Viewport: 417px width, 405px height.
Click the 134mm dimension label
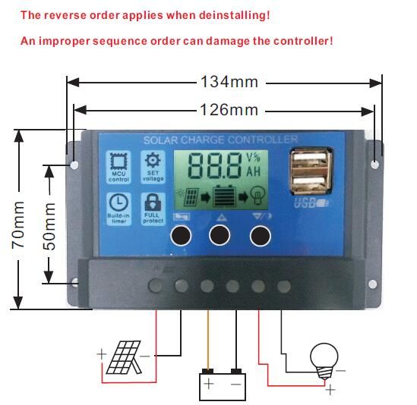click(229, 81)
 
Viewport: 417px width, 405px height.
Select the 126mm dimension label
click(229, 110)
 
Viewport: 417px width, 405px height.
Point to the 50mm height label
click(48, 221)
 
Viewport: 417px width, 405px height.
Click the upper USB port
click(309, 162)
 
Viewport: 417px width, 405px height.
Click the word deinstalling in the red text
click(233, 15)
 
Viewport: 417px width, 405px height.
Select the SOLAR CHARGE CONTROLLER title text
click(220, 140)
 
